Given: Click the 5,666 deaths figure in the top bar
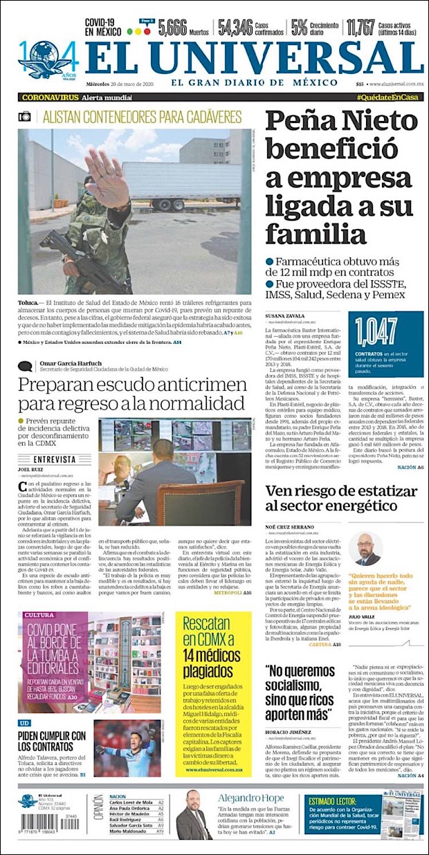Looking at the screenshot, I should point(172,28).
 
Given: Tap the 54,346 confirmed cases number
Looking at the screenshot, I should point(235,28).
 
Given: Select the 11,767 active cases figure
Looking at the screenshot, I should point(360,28).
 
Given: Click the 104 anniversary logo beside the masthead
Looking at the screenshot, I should point(44,59).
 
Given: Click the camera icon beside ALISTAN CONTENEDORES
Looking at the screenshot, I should point(25,116).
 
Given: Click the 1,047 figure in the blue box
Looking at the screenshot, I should point(377,331).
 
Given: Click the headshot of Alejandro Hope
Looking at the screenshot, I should point(193,815).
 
